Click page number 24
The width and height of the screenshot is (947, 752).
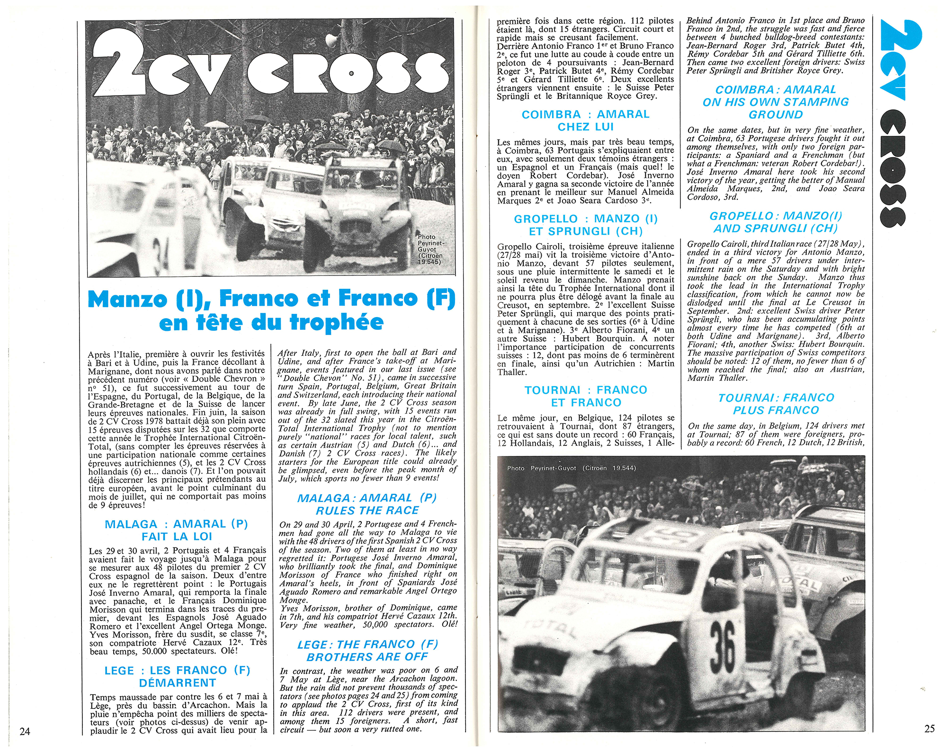25,731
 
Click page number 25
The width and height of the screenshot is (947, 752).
929,728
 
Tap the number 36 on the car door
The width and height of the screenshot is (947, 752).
723,645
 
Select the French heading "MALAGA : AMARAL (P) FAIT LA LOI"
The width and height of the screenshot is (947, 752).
177,530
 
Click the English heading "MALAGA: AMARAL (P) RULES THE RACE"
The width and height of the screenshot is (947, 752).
367,504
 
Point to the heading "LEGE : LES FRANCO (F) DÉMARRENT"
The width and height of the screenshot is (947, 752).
177,676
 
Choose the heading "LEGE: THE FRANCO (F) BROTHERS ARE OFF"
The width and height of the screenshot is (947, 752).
367,651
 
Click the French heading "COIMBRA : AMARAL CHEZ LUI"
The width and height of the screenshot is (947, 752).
585,120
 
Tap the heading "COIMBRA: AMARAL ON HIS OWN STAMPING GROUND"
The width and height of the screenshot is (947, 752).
776,102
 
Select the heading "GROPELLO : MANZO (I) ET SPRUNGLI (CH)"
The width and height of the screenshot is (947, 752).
586,225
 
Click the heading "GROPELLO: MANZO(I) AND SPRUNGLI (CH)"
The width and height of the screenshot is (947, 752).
776,222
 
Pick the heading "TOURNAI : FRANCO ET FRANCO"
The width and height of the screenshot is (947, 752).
586,396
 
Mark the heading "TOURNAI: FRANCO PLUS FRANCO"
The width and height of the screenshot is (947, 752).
776,404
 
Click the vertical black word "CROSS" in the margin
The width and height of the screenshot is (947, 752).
893,168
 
